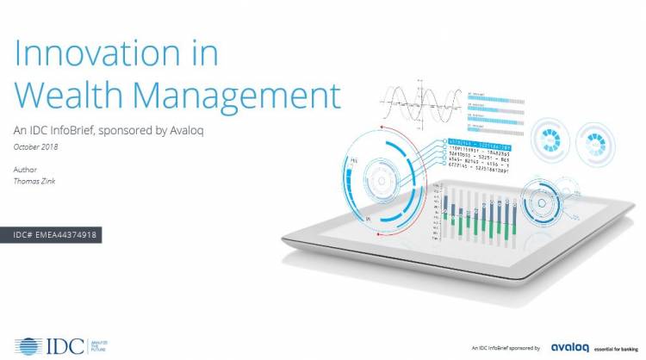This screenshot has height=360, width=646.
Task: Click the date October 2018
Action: pos(37,147)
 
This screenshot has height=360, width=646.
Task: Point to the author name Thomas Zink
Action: pos(36,182)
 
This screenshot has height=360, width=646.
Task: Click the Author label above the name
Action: pos(26,171)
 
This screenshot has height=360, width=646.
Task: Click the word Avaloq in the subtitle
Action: pos(193,130)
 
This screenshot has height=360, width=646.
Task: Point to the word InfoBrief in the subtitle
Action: pos(84,130)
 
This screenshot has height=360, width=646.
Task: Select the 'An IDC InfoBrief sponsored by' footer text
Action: pos(500,347)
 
